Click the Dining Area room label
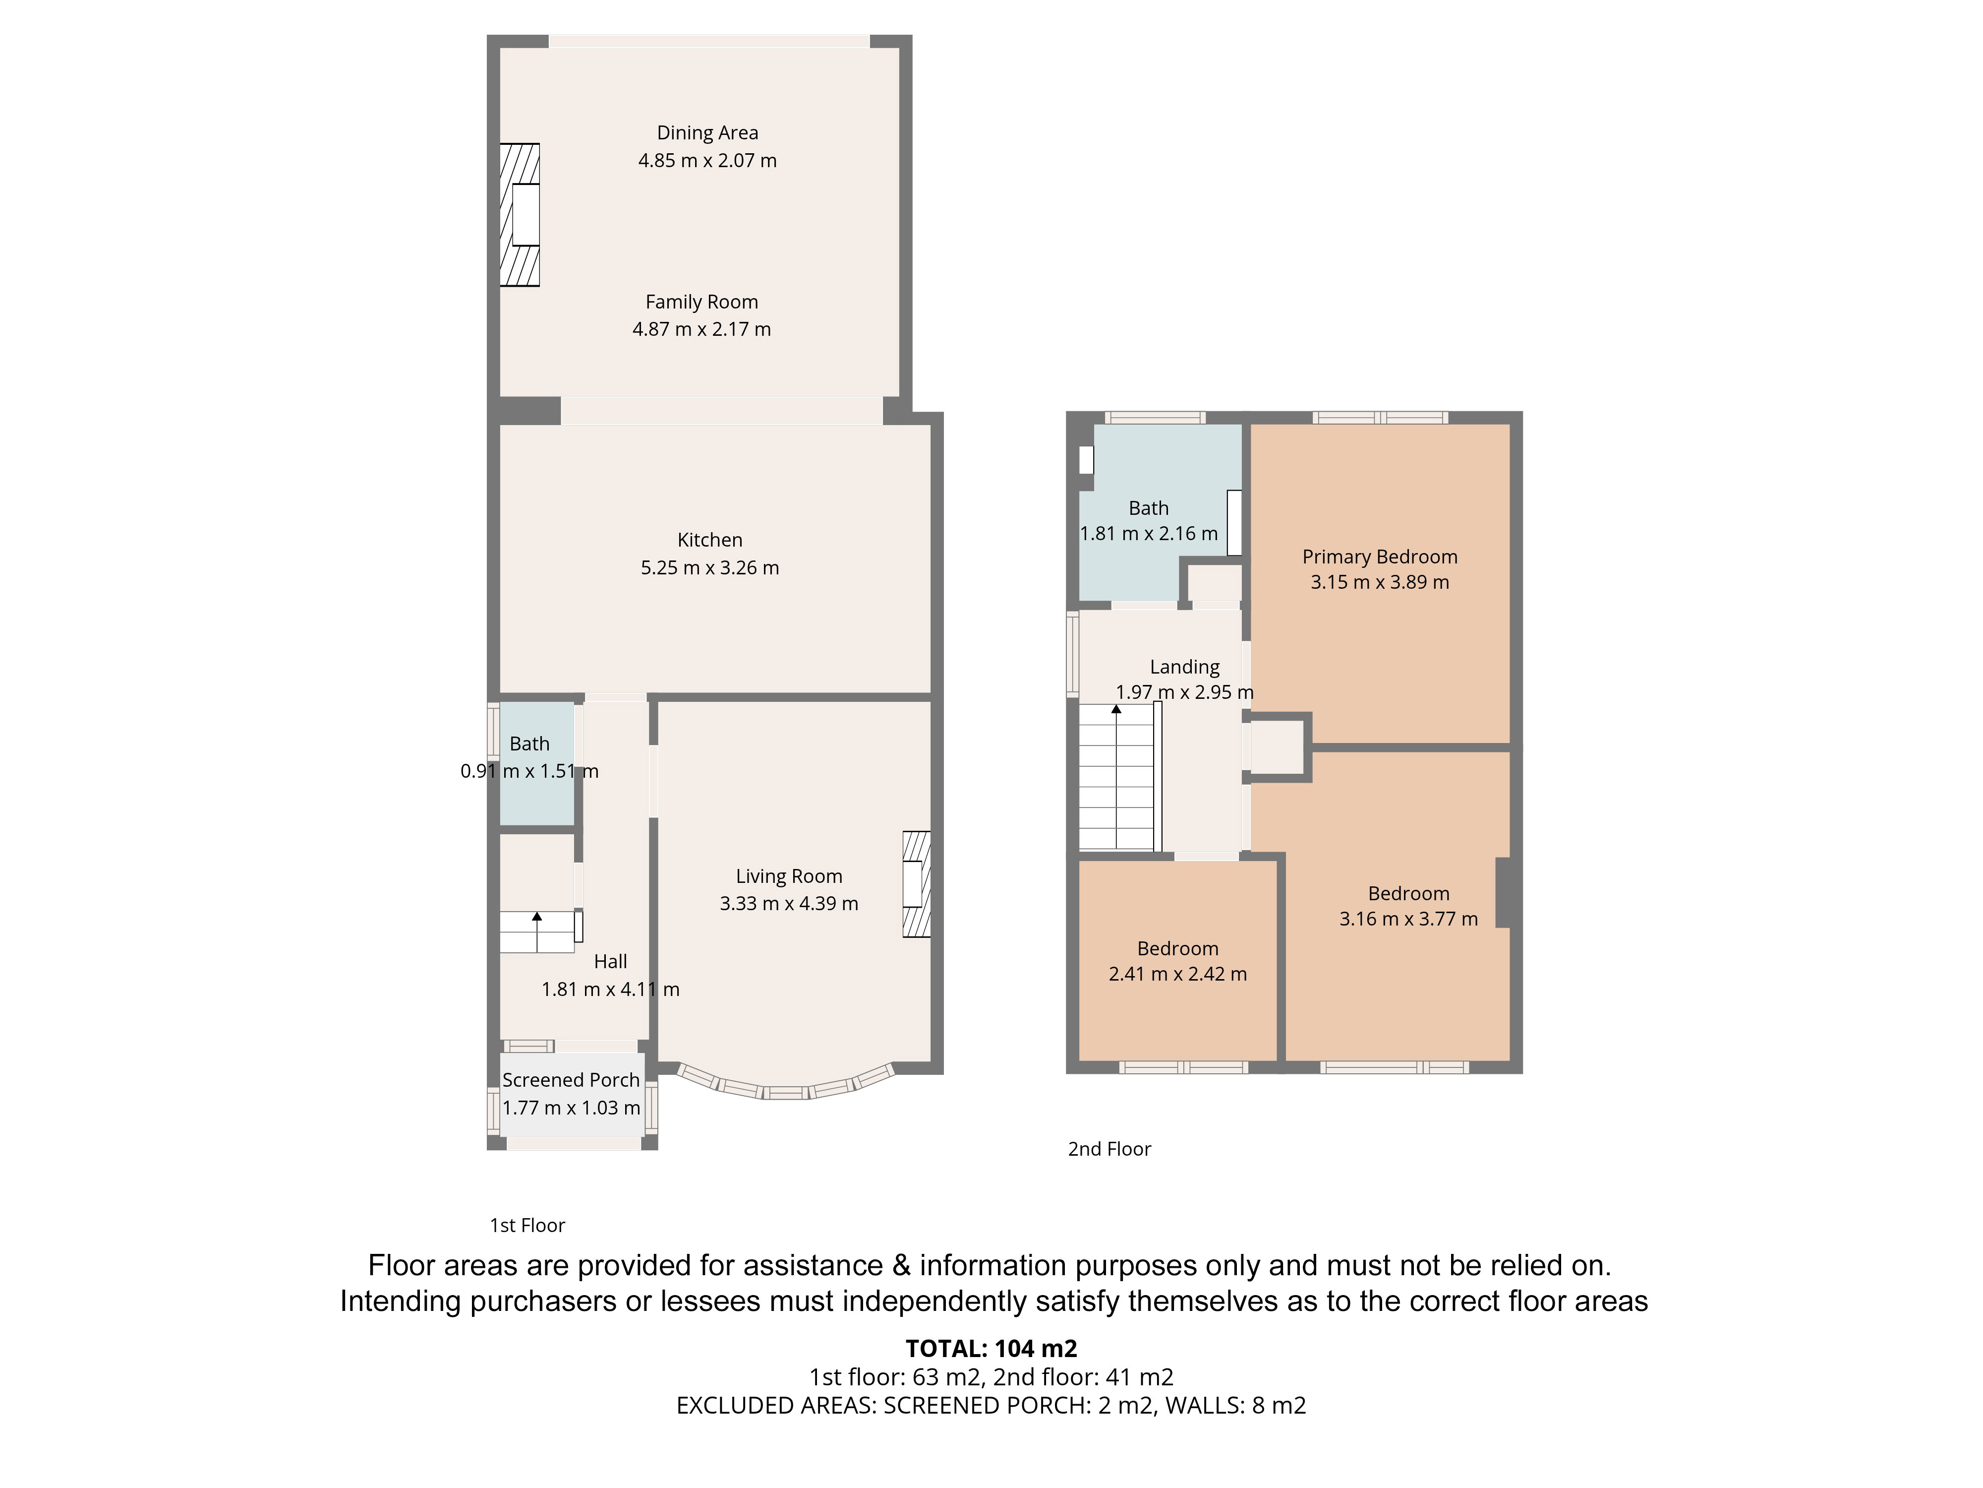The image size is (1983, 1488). (x=707, y=133)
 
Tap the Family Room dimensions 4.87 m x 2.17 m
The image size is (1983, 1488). (x=702, y=329)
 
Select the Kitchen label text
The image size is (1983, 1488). (x=710, y=540)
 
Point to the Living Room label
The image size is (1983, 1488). (x=789, y=876)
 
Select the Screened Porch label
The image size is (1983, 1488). (x=571, y=1080)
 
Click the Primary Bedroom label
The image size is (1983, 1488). (x=1380, y=557)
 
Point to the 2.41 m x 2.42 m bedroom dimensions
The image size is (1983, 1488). (x=1178, y=974)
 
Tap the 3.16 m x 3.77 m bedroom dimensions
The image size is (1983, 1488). (x=1408, y=919)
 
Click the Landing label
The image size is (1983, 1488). (x=1184, y=667)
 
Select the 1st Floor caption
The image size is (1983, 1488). (x=527, y=1225)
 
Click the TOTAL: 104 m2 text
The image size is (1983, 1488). (x=991, y=1348)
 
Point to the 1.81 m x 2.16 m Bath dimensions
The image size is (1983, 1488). (x=1148, y=534)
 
